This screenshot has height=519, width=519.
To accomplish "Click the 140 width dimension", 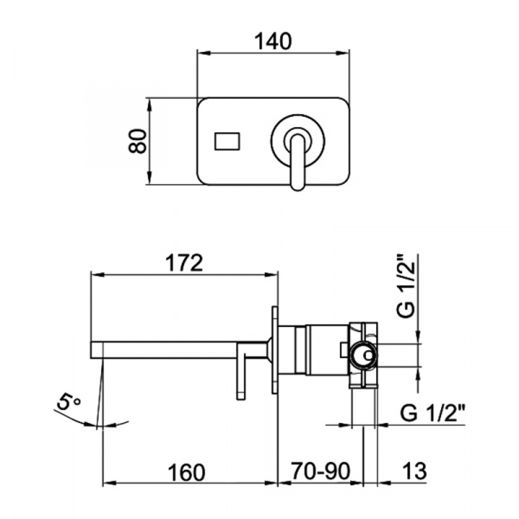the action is (x=273, y=42).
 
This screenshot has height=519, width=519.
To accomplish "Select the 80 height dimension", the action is (x=138, y=141).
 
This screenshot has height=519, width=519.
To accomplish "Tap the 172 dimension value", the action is (x=184, y=263).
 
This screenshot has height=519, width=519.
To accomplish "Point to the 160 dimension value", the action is (x=186, y=472).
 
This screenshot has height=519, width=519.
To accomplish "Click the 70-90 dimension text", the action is (x=320, y=471).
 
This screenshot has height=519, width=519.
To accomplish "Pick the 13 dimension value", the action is (x=414, y=471).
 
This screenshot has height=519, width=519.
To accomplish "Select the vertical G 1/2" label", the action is (x=406, y=286).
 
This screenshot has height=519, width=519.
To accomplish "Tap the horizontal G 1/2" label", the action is (x=432, y=413).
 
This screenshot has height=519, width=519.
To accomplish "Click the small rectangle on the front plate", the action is (x=227, y=141).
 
